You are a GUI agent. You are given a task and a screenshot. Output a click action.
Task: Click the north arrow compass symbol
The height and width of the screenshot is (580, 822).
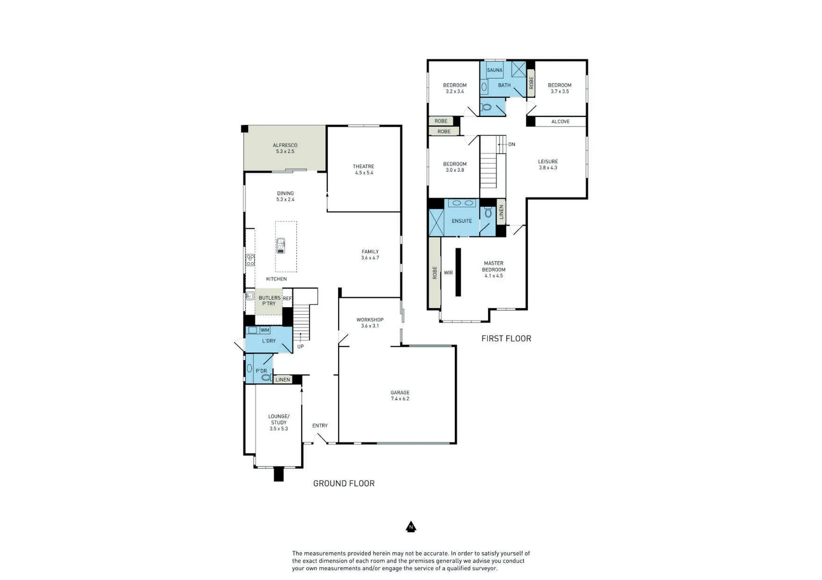click(411, 527)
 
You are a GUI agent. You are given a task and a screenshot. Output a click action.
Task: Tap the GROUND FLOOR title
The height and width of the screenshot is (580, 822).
click(344, 483)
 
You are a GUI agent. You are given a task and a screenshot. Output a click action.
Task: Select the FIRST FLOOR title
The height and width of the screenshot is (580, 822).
click(506, 338)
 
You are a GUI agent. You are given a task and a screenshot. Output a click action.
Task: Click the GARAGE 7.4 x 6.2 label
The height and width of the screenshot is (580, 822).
click(400, 396)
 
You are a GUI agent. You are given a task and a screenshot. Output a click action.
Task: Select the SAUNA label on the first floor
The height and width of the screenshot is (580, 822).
click(495, 70)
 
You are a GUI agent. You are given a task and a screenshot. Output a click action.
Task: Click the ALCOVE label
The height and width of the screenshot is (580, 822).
click(560, 122)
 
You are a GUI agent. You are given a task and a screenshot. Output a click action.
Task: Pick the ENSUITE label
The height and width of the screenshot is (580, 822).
click(462, 221)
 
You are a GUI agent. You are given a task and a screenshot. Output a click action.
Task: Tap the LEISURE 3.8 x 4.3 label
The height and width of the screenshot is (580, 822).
click(548, 164)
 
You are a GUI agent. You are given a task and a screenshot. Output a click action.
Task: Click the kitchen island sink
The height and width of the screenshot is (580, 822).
click(281, 246)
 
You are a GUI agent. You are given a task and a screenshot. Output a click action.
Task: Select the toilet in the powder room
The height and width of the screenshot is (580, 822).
click(266, 378)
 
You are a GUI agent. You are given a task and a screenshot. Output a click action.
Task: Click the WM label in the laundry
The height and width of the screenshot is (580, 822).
click(265, 330)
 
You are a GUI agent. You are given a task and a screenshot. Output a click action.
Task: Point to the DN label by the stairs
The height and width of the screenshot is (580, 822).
click(511, 144)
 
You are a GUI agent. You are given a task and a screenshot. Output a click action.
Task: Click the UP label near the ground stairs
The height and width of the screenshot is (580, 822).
click(301, 346)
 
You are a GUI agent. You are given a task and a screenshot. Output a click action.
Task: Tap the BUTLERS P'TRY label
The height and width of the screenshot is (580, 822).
click(269, 301)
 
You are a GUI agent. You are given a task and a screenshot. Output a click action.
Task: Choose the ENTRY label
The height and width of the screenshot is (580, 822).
click(320, 426)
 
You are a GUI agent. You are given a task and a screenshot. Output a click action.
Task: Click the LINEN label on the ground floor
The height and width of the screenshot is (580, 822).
click(283, 380)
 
